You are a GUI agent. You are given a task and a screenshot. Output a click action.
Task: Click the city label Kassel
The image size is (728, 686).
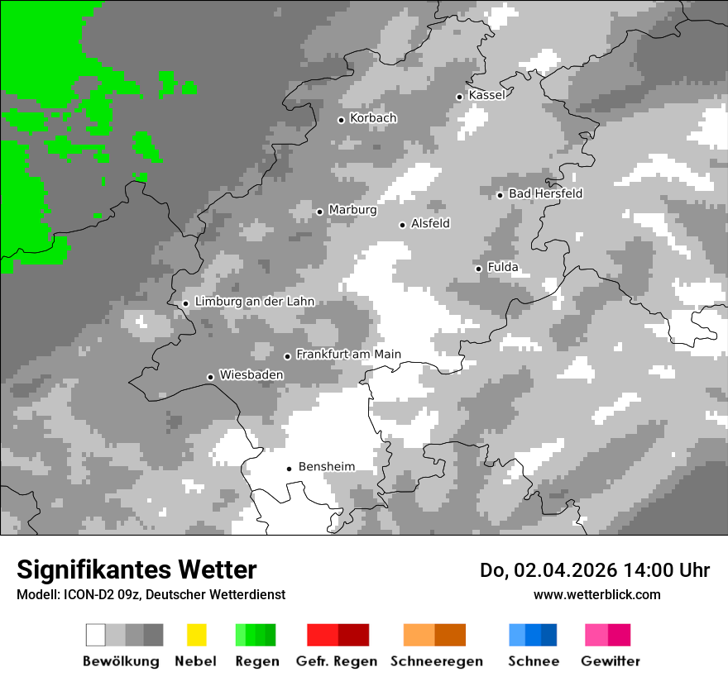coord(486,95)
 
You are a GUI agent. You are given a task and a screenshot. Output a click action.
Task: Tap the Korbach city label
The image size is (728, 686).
coord(373,118)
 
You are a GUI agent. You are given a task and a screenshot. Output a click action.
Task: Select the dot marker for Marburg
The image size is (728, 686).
coord(320,212)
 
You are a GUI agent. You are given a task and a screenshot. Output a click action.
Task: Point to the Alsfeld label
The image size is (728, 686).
coord(430,223)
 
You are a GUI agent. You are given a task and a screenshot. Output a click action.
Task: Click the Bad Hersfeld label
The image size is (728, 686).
coord(545,193)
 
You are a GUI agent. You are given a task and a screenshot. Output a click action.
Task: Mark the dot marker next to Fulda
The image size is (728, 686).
coord(478,269)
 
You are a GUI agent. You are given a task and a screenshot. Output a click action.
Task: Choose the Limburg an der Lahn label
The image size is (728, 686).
coord(254,302)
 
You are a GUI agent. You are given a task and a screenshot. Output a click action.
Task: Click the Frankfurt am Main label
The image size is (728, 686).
coord(348,355)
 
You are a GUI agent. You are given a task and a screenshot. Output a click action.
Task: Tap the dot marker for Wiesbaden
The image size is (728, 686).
coord(211,377)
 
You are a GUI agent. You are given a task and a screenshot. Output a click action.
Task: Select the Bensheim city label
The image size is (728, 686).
coord(326,467)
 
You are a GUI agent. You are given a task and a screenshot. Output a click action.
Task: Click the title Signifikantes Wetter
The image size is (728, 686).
coord(136,569)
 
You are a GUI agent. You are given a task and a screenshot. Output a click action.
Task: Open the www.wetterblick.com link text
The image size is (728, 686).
coord(596,594)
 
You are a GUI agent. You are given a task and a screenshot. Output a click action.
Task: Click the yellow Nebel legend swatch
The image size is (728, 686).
coord(196,635)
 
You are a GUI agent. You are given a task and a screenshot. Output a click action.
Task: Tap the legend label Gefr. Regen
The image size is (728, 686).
coord(337,661)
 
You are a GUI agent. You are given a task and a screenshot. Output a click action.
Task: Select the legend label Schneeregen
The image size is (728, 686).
coord(437,661)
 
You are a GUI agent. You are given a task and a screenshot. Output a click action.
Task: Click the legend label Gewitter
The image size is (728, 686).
coord(611,661)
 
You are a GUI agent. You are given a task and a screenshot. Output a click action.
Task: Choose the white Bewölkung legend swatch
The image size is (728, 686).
coord(96,635)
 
